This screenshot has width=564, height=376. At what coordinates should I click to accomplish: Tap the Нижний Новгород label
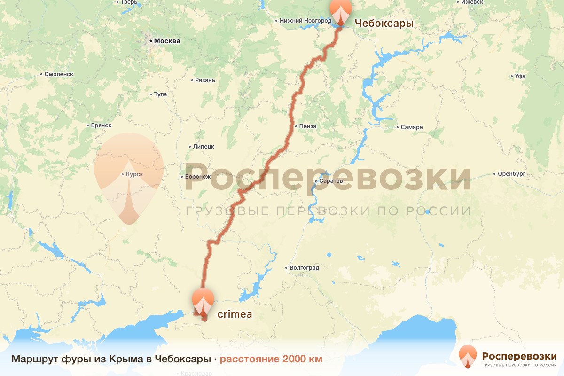[x=305, y=21]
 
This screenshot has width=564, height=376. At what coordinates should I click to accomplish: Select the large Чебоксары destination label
[x=384, y=23]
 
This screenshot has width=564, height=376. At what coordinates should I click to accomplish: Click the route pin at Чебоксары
[x=340, y=11]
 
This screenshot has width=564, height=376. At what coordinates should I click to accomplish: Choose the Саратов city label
[x=331, y=181]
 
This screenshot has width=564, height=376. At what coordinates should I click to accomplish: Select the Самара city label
[x=412, y=127]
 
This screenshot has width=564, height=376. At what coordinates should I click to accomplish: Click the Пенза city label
[x=307, y=126]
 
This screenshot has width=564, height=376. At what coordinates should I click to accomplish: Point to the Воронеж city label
[x=198, y=177]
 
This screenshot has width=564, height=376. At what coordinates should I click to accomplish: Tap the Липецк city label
[x=204, y=146]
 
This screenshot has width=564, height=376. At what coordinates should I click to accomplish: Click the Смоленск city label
[x=59, y=74]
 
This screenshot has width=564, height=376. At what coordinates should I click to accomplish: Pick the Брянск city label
[x=101, y=125]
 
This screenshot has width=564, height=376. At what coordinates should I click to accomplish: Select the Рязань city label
[x=205, y=80]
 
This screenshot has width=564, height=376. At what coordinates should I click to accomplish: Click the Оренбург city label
[x=512, y=174]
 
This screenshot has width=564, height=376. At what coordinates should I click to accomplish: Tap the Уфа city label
[x=520, y=76]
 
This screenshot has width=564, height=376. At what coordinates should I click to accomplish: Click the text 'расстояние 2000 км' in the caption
[x=271, y=360]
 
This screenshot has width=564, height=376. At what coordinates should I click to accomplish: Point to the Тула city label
[x=160, y=94]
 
